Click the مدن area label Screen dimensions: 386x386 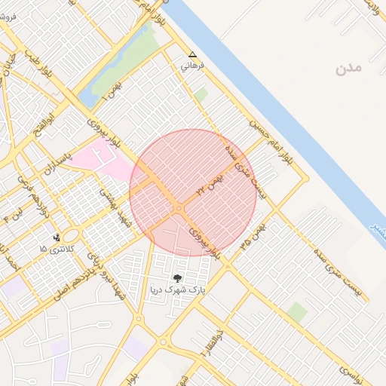point(350,69)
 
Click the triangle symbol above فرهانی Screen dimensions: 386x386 point(192,55)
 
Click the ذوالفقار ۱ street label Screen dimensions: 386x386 point(203,342)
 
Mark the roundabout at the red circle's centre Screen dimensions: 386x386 point(179,207)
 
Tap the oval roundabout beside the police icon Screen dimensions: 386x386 point(75,236)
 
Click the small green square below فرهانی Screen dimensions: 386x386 point(201,94)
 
